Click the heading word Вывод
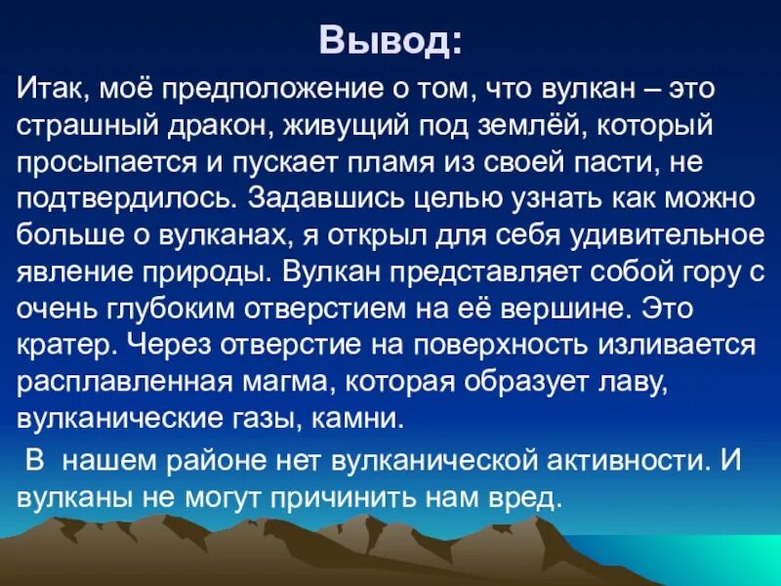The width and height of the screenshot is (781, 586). pyautogui.click(x=388, y=42)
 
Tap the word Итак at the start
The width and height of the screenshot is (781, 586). pyautogui.click(x=53, y=91)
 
